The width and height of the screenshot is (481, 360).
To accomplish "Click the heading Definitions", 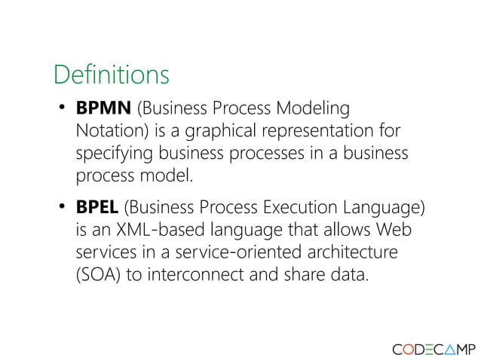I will (111, 75).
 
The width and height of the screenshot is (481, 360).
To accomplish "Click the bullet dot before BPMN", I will (63, 109).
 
